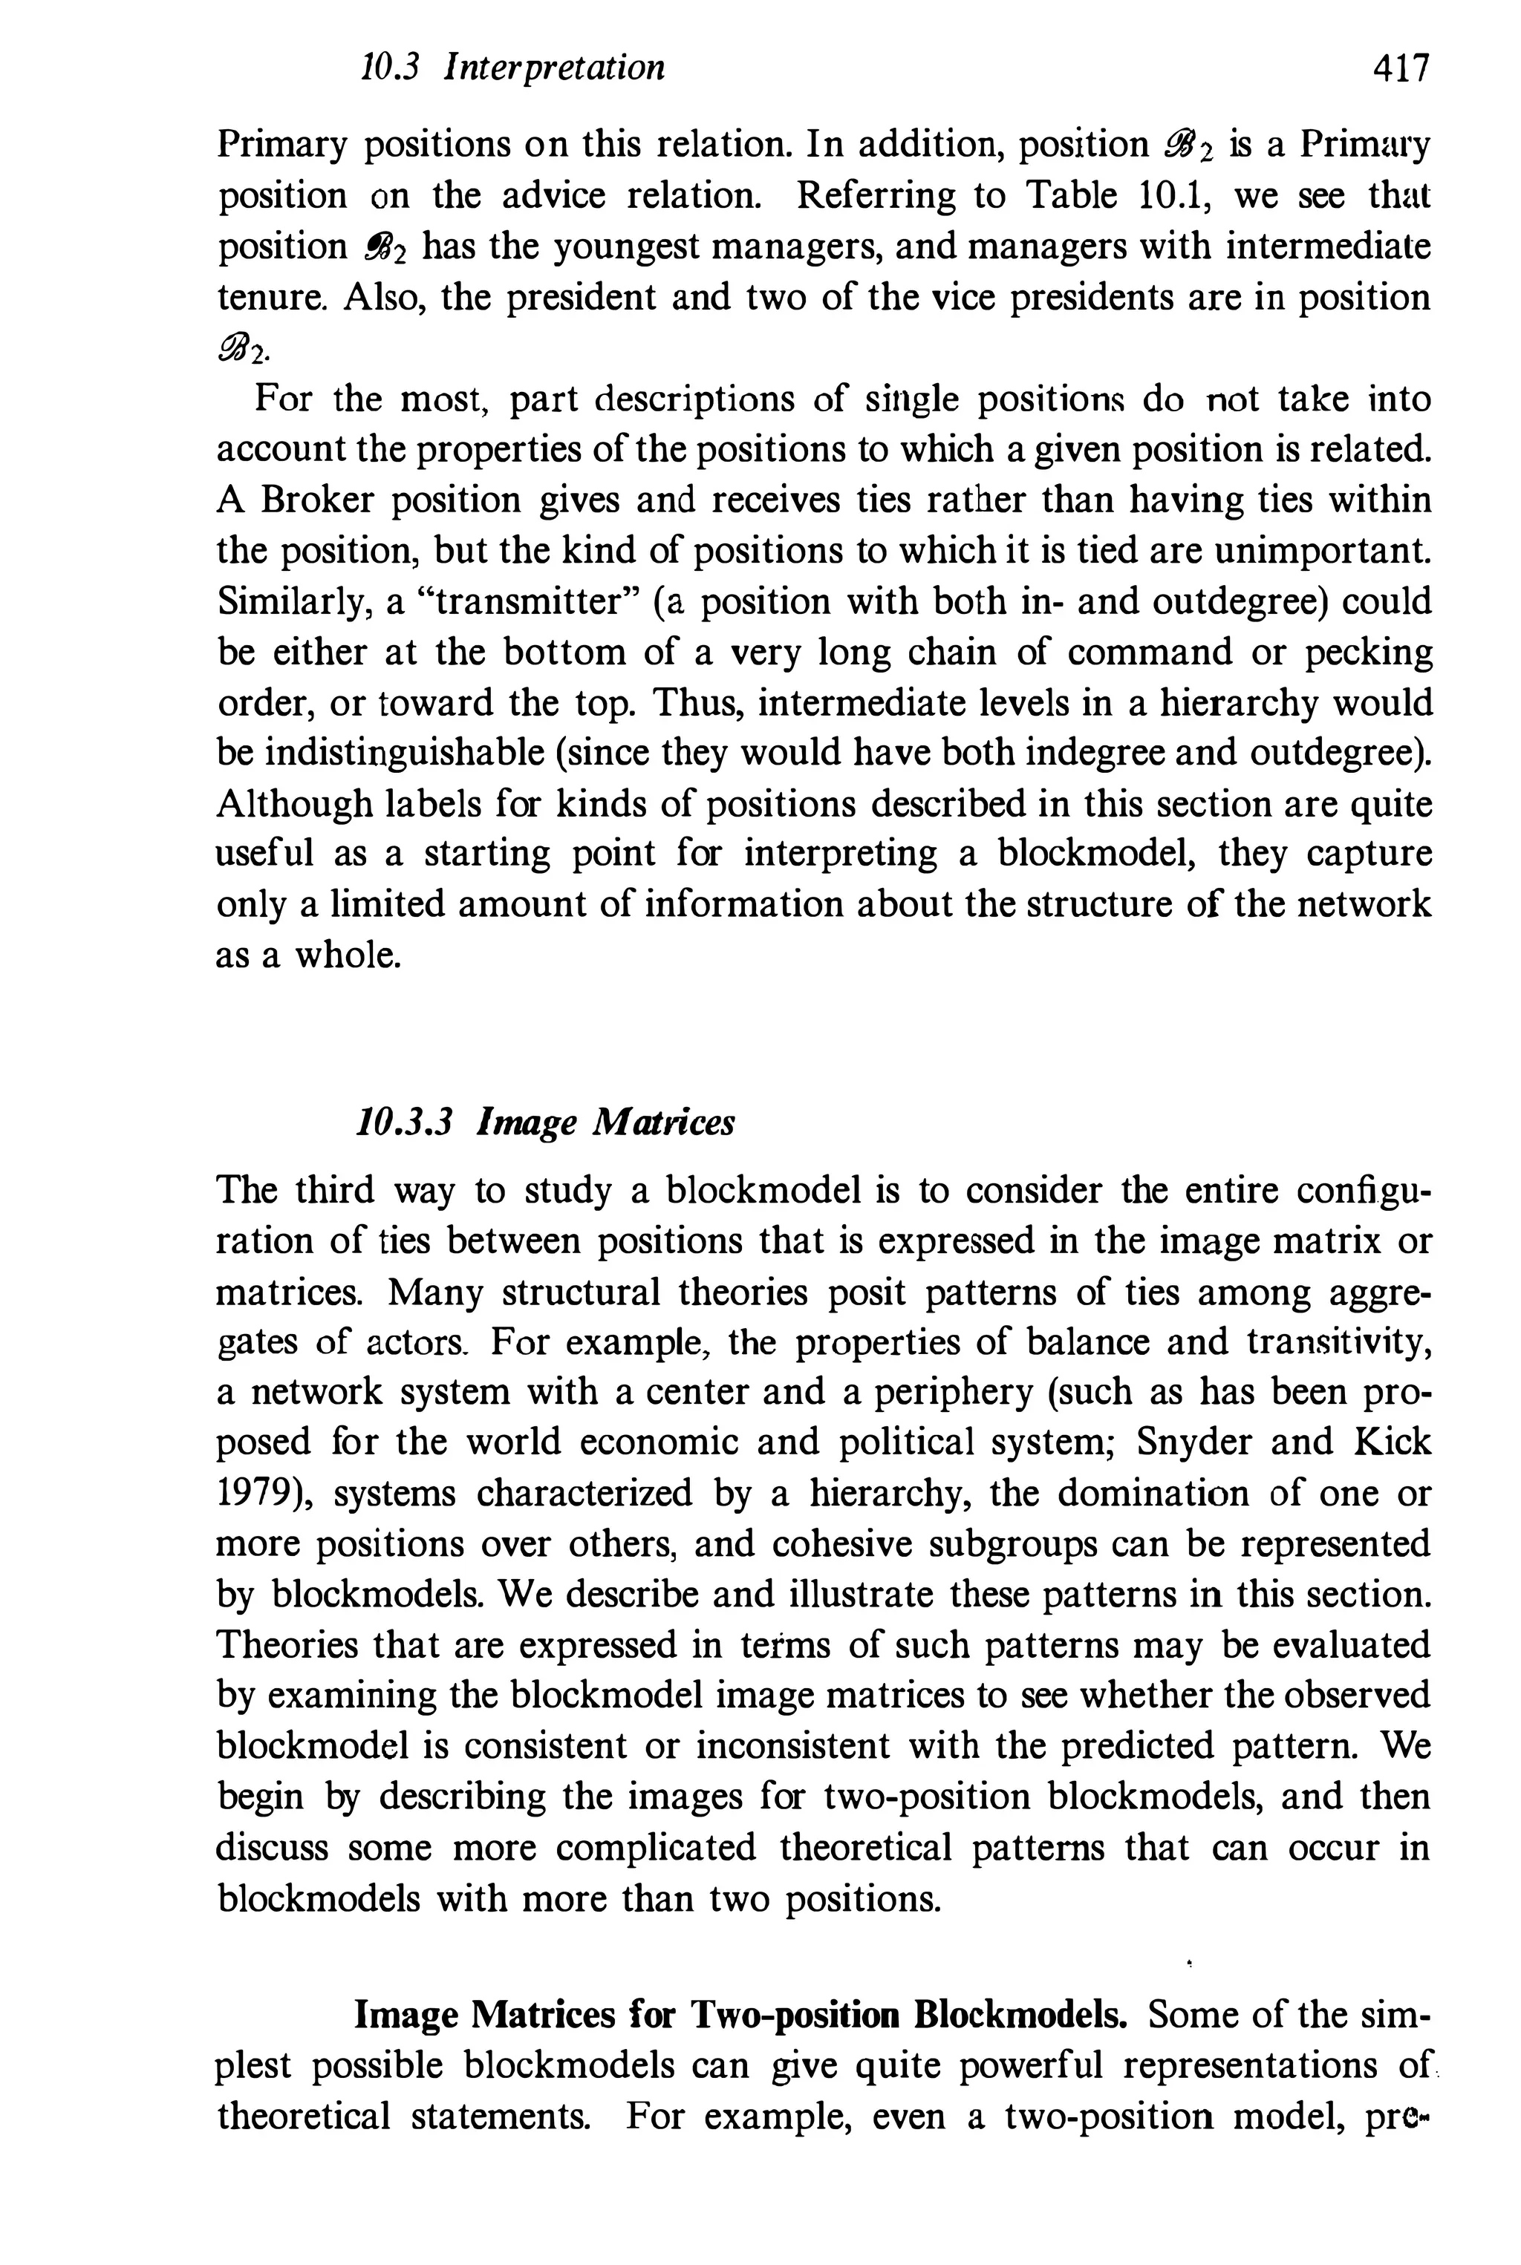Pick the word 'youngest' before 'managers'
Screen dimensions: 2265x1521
coord(621,247)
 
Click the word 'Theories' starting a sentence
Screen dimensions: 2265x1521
coord(282,1645)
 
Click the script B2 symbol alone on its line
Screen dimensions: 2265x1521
coord(244,348)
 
